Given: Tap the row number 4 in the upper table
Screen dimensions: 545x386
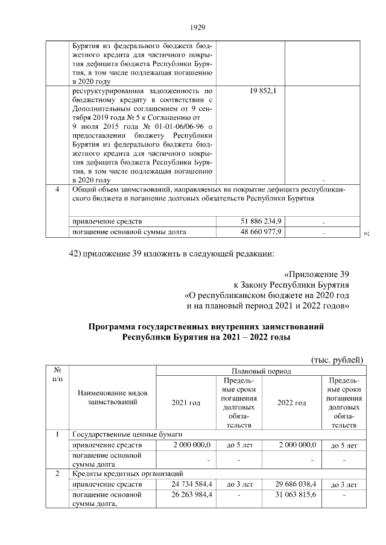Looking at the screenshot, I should coord(57,190).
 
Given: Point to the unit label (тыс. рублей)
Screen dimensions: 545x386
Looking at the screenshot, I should coord(337,360).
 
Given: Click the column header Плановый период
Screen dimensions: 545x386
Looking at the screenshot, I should coord(259,371).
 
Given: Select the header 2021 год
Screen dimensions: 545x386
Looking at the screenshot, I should coord(186,402).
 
